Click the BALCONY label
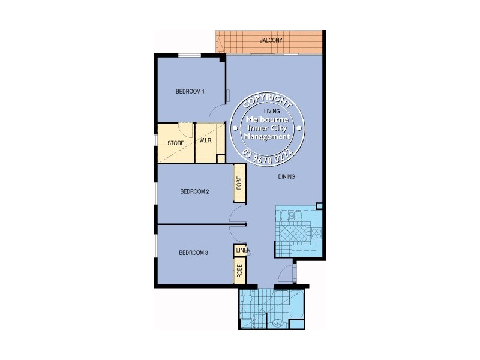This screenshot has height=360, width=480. click(271, 41)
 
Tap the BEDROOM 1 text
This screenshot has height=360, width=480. click(190, 92)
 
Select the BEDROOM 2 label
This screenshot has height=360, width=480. click(194, 192)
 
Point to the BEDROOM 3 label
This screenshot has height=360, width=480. click(193, 253)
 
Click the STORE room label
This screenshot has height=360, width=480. click(175, 143)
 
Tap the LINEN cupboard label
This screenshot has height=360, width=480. click(242, 250)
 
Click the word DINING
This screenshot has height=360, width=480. click(287, 177)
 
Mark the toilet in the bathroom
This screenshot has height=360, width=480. click(247, 300)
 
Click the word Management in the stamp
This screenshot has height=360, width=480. click(267, 136)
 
